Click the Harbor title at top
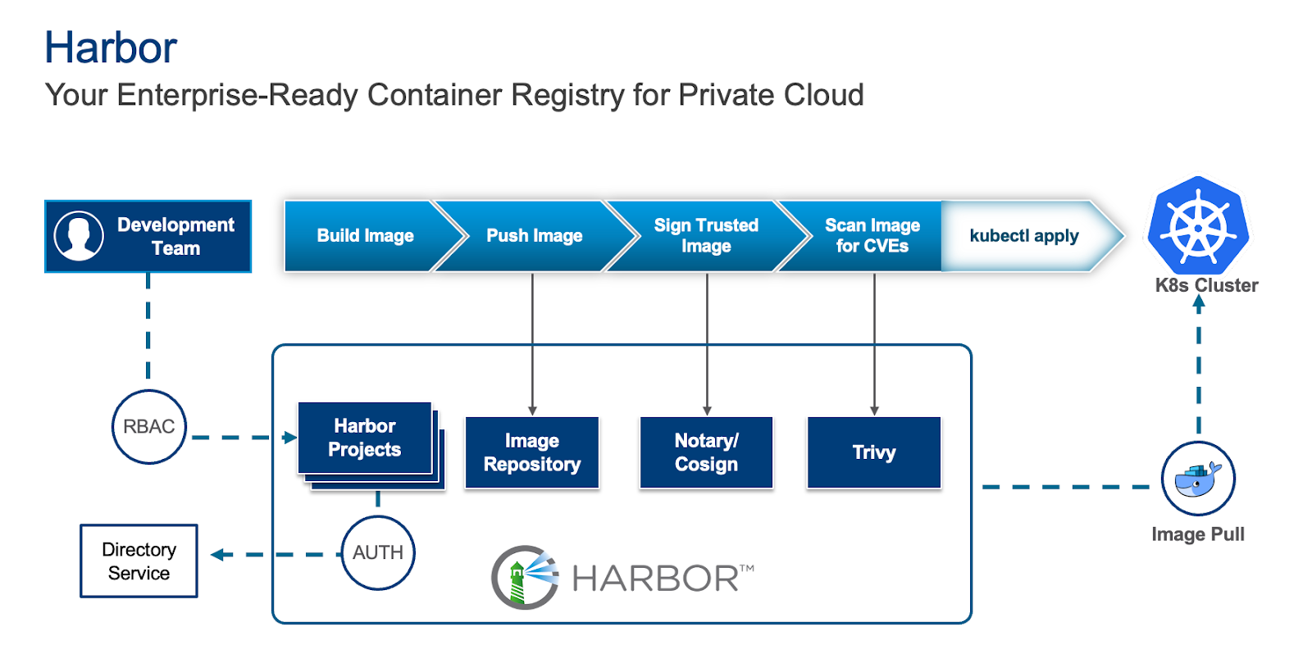click(111, 48)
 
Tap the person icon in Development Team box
click(79, 236)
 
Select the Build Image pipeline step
click(365, 236)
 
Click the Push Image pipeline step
click(534, 236)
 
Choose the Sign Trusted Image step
click(706, 236)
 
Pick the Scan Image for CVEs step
click(872, 236)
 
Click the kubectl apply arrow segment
click(1024, 236)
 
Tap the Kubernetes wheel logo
click(1198, 225)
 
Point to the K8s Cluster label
click(1206, 285)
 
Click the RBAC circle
click(149, 427)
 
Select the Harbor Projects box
click(365, 438)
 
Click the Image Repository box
click(532, 452)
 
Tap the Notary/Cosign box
click(706, 452)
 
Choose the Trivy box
click(874, 452)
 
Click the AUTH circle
click(378, 553)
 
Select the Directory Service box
click(139, 561)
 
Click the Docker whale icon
click(1198, 479)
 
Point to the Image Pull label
click(1198, 534)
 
